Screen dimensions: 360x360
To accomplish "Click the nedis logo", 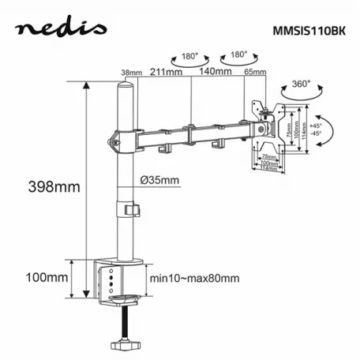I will pos(61,30).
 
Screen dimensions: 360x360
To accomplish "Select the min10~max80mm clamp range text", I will pos(194,279).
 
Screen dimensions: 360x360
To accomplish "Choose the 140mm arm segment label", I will pos(215,72).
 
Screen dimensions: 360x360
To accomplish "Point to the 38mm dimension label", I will pos(132,73).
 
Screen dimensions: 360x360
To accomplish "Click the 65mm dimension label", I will pos(254,73).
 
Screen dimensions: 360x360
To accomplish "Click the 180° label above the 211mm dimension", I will pos(188,57).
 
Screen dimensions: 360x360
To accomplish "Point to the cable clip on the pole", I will pos(129,209).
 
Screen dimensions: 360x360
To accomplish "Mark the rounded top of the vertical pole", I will pos(124,84).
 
